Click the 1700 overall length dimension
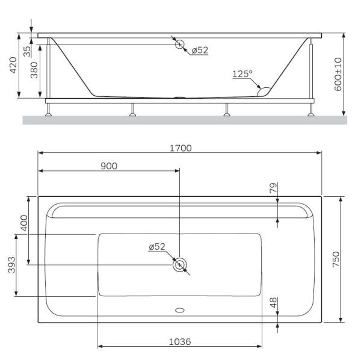(180, 148)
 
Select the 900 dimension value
(108, 166)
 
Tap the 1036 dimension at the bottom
(179, 341)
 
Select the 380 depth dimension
(35, 72)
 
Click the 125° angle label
(242, 73)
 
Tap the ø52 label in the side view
(200, 50)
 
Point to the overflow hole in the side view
(179, 43)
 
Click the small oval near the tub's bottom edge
(180, 311)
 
